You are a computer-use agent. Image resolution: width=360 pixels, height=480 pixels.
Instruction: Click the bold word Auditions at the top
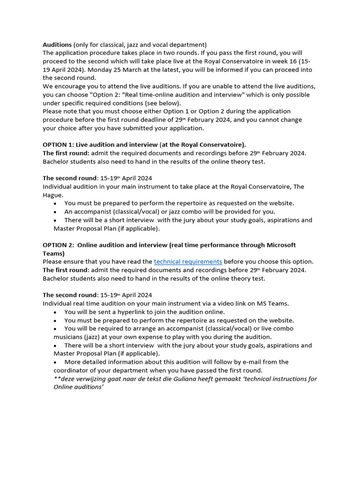coord(57,45)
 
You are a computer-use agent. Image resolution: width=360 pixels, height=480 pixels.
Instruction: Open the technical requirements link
coord(188,262)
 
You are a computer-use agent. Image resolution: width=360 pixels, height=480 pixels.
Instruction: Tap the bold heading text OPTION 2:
coord(59,245)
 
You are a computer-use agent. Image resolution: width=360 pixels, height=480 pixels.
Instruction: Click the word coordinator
coord(74,370)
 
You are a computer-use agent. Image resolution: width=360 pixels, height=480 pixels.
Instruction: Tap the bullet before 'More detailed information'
coord(56,362)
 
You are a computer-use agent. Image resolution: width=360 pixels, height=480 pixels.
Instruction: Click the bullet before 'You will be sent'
coord(56,312)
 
